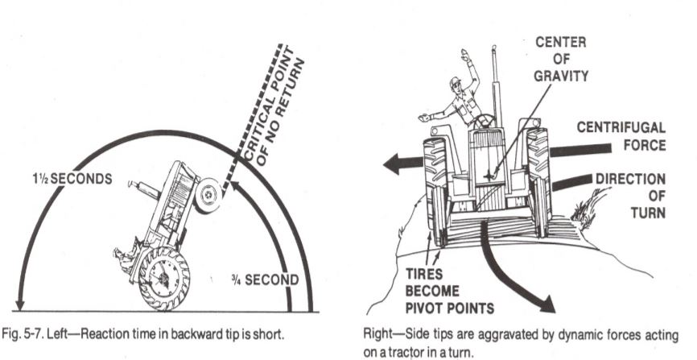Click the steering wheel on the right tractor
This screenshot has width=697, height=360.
point(483,121)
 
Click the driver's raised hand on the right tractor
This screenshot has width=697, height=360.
point(465,56)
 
